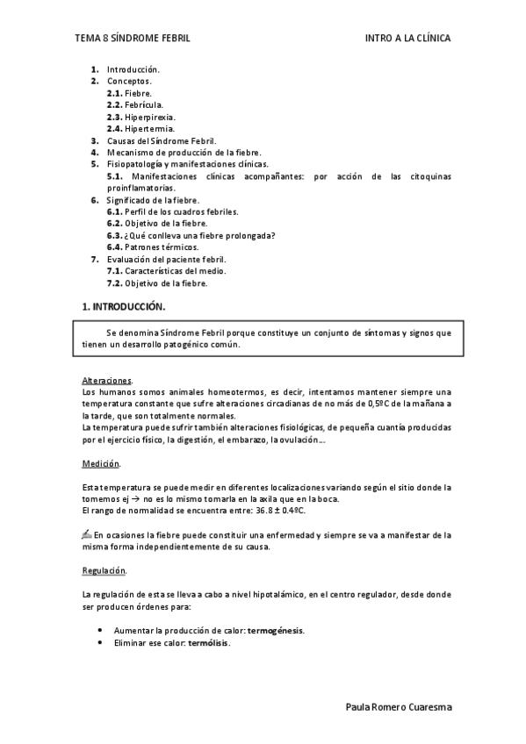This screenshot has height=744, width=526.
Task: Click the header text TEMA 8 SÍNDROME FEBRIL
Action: point(133,39)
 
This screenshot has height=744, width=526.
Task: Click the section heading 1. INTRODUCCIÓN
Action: point(123,306)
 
